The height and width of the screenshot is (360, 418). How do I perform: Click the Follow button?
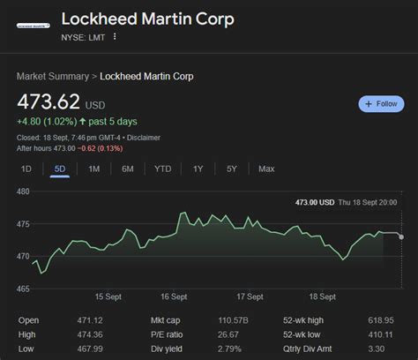click(x=381, y=104)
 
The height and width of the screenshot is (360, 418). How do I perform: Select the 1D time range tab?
click(x=26, y=169)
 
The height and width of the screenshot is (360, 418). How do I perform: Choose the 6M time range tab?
click(x=128, y=169)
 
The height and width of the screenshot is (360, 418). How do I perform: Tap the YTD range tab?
click(x=163, y=169)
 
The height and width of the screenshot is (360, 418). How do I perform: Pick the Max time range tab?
click(x=266, y=169)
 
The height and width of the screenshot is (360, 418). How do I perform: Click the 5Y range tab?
click(x=231, y=169)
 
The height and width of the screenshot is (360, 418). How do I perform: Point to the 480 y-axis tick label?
click(x=24, y=191)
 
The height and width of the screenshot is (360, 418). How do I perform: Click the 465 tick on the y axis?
click(x=24, y=289)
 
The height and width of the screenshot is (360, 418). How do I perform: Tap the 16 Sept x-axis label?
click(x=173, y=297)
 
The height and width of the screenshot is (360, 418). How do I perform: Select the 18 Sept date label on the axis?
click(x=321, y=297)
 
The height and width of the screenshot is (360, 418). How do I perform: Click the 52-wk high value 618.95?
click(x=382, y=320)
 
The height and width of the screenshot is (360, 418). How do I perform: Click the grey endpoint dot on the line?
click(x=401, y=236)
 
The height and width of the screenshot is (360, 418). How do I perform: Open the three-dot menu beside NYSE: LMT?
click(x=115, y=37)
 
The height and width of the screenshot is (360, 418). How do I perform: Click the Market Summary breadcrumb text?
click(x=54, y=77)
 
